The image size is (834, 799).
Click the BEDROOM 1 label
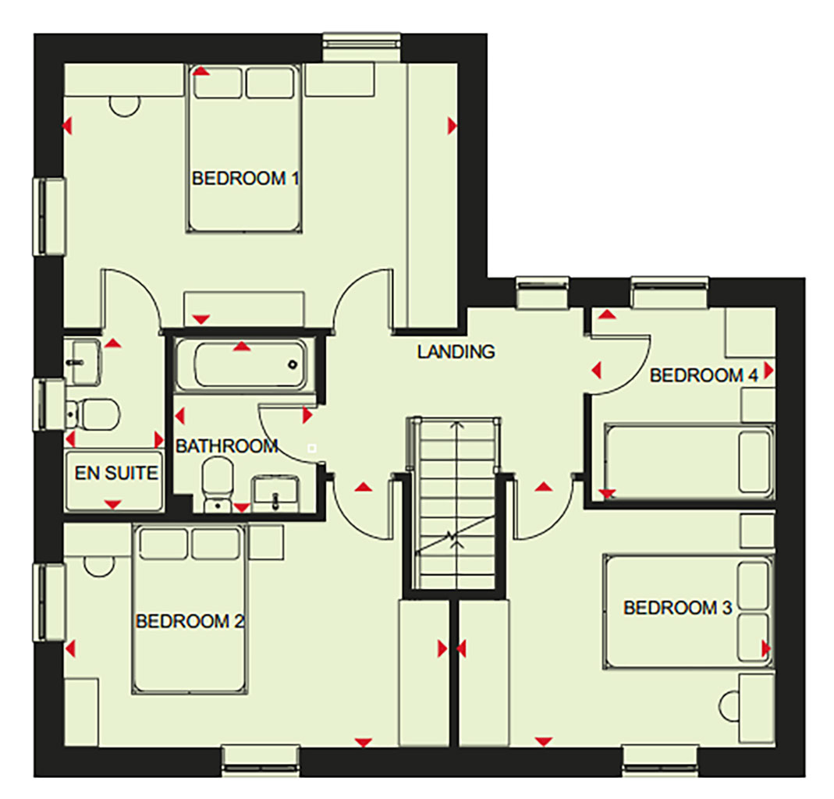[x=245, y=178]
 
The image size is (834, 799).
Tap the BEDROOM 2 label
[x=190, y=621]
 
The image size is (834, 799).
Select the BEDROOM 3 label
[x=678, y=608]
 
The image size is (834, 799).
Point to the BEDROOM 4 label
[x=704, y=375]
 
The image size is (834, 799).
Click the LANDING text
[x=456, y=352]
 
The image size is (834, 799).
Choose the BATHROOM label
[x=227, y=446]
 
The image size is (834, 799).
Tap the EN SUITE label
[x=116, y=473]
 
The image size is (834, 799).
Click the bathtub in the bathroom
[x=242, y=364]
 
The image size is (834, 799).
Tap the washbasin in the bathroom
[x=275, y=494]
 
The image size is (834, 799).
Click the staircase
[x=456, y=502]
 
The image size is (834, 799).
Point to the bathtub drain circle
[x=293, y=365]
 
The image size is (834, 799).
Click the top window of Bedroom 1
[x=362, y=48]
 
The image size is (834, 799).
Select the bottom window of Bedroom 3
[x=659, y=760]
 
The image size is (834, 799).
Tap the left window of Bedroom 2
[x=49, y=602]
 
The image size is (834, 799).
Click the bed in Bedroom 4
[x=690, y=461]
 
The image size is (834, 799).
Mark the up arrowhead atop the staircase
[x=456, y=424]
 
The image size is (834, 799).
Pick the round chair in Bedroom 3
[x=728, y=706]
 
